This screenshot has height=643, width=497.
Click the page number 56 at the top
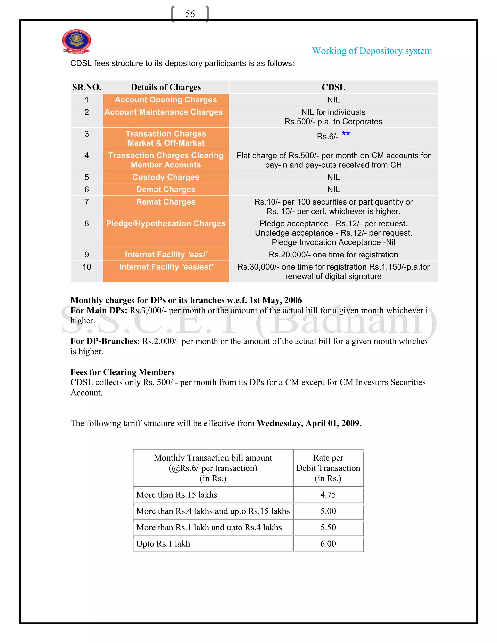tap(190, 14)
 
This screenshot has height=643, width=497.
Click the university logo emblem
tap(76, 41)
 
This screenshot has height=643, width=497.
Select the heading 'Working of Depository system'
tap(372, 51)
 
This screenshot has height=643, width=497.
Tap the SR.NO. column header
tap(87, 87)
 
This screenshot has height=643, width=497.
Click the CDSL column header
tap(333, 87)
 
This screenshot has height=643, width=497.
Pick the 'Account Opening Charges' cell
tap(166, 100)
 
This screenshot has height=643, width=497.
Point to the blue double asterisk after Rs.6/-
tap(346, 134)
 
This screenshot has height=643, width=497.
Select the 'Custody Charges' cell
tap(166, 177)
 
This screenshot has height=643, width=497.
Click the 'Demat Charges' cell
tap(166, 190)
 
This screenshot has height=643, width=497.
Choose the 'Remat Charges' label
tap(166, 202)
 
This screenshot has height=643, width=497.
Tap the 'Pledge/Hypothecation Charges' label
tap(166, 224)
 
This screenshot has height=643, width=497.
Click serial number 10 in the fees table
tap(87, 267)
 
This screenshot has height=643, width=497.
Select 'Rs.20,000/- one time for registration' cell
tap(333, 255)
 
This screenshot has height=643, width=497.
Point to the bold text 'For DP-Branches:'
tap(105, 341)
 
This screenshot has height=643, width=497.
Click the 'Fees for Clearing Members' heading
tap(122, 372)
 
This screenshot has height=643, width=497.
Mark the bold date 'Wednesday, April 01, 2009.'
tap(309, 423)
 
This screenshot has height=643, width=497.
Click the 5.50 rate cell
tap(328, 528)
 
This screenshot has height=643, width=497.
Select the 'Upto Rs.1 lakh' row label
tap(163, 544)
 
